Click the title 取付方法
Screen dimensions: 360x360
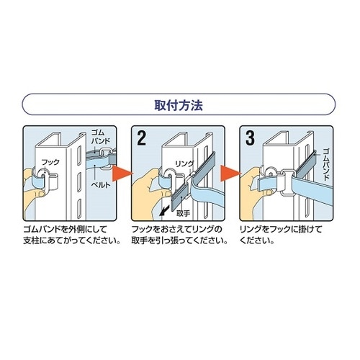point(179,105)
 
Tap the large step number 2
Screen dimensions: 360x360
point(141,138)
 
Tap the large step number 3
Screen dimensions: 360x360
point(250,138)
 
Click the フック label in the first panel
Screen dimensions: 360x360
point(50,162)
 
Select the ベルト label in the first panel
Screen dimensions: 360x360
point(101,184)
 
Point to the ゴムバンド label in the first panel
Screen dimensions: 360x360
point(100,137)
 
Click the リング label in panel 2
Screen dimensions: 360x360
point(184,164)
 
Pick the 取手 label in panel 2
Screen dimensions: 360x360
point(184,213)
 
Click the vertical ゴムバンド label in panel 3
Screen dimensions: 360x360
point(325,164)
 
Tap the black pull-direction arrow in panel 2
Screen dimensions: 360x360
point(163,211)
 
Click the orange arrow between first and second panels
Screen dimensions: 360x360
point(122,174)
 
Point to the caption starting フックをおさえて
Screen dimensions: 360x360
point(179,235)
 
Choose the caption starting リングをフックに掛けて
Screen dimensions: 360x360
point(281,235)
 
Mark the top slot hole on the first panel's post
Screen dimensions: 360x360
point(79,156)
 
